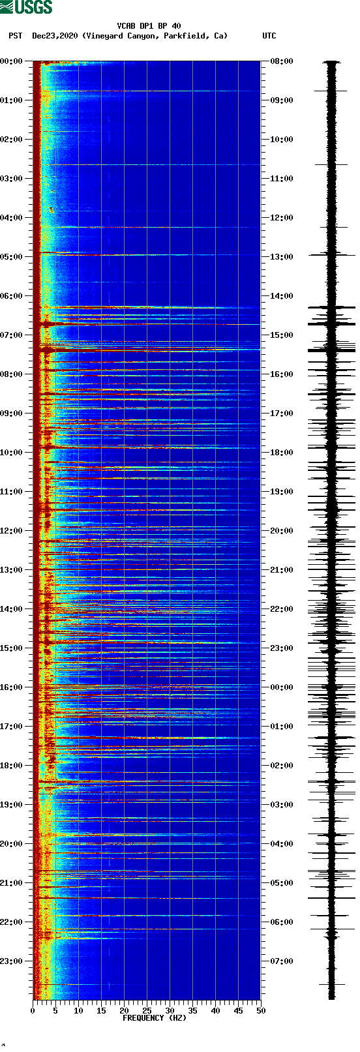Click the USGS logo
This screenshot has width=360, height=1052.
26,7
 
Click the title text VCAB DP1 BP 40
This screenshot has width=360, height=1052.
149,26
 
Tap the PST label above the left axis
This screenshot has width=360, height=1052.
16,36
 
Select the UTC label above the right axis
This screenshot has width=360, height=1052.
269,36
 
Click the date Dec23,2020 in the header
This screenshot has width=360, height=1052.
55,36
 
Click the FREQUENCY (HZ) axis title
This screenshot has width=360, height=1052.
155,1017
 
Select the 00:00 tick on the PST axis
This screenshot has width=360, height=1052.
12,61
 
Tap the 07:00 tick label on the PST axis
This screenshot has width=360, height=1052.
12,335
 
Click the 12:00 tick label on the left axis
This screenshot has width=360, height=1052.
12,531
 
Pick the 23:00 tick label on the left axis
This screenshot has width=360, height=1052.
12,961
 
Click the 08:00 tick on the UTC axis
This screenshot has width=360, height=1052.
282,61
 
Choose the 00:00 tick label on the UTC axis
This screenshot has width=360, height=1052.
282,687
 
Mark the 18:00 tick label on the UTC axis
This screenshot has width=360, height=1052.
282,453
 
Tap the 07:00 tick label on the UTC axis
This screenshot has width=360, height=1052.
282,961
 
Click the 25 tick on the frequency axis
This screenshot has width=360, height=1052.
147,1011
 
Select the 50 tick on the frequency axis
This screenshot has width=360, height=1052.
261,1011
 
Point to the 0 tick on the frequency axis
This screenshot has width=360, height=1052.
33,1011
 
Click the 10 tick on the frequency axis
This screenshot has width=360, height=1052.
78,1011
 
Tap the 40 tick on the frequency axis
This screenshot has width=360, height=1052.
215,1011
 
